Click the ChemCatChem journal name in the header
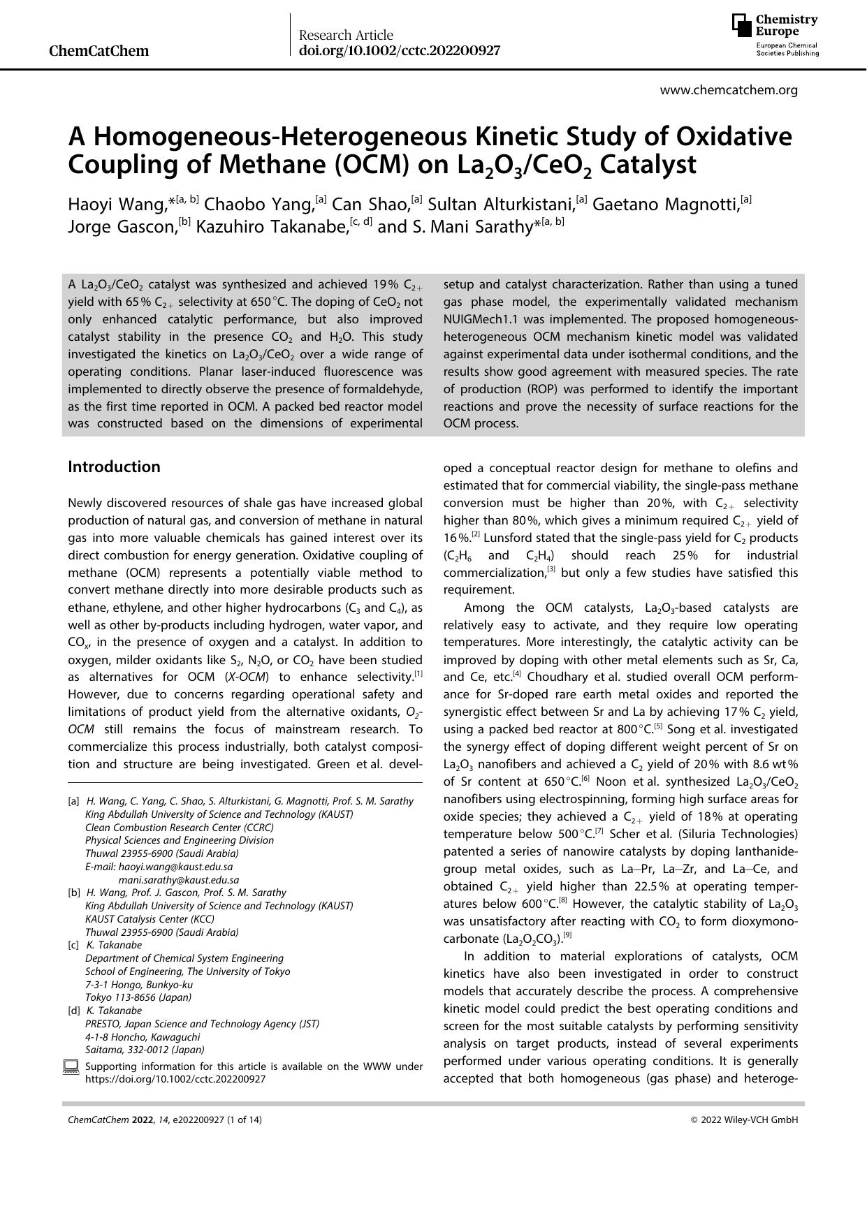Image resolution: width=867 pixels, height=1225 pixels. (x=99, y=51)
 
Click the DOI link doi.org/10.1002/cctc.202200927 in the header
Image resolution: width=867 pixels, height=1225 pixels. (x=399, y=50)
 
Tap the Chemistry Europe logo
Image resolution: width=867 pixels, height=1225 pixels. (x=775, y=35)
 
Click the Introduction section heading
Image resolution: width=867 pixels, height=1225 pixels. (x=114, y=467)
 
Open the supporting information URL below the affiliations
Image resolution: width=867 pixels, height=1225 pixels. (x=175, y=1079)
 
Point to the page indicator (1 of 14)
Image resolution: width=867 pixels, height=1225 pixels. (x=244, y=1120)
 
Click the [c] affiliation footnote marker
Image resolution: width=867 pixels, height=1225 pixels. (x=73, y=945)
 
